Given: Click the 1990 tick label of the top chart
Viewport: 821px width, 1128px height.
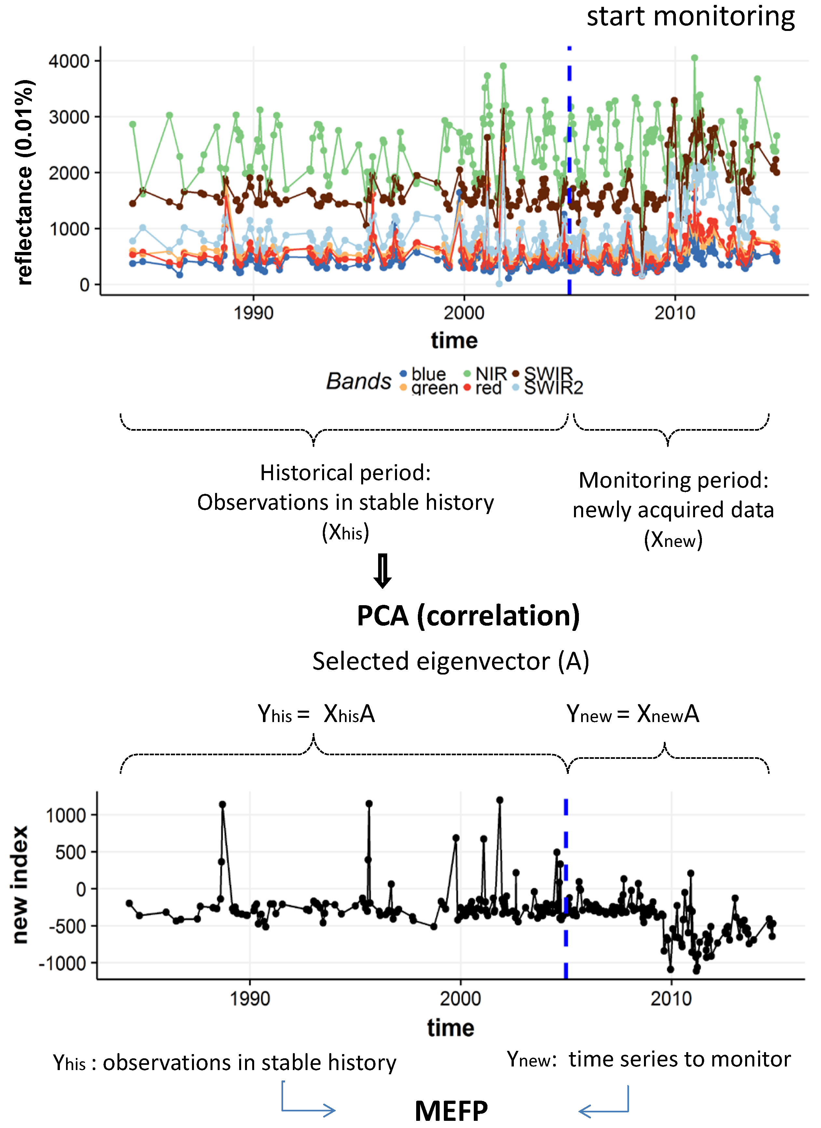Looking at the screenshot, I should point(253,313).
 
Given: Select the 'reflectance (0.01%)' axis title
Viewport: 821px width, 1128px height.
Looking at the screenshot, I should point(24,182).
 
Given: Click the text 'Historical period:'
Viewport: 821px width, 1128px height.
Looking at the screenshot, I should point(345,472).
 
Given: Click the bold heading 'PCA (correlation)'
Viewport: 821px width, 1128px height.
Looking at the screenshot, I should point(468,616).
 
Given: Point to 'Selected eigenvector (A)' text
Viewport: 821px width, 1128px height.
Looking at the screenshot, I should point(451,661).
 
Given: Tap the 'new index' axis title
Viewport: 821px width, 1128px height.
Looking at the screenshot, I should point(20,885).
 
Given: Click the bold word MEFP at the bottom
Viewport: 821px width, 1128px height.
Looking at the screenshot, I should point(451,1111).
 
